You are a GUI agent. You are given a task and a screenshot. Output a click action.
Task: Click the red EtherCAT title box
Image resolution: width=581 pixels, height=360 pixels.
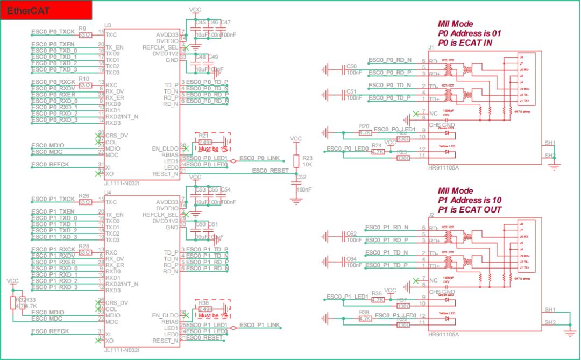click(x=46, y=10)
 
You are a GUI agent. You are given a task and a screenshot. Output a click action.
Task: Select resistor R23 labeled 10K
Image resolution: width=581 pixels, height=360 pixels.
click(x=296, y=161)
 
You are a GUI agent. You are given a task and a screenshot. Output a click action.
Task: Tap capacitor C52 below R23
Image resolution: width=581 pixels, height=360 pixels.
click(x=296, y=183)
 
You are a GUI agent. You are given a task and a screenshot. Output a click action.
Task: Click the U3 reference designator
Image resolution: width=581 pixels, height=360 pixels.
click(x=108, y=25)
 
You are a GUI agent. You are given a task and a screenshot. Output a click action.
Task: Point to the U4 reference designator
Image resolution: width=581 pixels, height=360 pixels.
click(x=108, y=193)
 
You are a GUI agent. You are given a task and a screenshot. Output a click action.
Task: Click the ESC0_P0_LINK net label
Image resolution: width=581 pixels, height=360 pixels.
click(x=259, y=158)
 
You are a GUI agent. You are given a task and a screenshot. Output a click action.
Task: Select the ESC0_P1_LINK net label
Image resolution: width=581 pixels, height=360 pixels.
click(x=259, y=325)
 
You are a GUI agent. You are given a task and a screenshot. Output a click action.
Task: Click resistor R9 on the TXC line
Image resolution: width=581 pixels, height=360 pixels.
click(x=84, y=34)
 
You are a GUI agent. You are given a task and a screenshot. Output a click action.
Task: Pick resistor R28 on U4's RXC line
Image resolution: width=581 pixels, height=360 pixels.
click(x=84, y=252)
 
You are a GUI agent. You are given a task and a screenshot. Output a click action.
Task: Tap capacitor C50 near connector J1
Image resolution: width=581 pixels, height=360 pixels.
click(x=352, y=69)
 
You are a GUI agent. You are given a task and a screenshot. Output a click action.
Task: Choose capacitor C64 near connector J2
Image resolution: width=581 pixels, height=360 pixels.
click(x=352, y=262)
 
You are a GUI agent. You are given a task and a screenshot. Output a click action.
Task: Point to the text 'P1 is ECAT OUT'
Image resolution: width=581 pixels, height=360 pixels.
click(x=469, y=210)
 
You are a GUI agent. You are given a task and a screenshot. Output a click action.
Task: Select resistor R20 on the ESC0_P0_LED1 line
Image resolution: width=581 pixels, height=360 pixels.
click(x=365, y=132)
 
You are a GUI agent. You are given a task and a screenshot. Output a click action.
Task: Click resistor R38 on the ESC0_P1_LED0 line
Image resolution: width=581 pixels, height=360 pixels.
click(x=365, y=319)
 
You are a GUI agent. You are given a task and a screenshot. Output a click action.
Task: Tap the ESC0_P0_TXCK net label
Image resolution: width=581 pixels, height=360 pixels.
click(x=53, y=32)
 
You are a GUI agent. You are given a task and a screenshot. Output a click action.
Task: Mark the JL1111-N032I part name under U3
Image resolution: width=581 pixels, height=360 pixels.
click(x=122, y=183)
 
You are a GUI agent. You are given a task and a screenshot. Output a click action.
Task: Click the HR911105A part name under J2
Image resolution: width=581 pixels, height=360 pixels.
click(x=444, y=334)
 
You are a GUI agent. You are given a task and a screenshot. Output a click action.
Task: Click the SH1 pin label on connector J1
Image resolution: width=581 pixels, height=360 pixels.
click(x=550, y=143)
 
